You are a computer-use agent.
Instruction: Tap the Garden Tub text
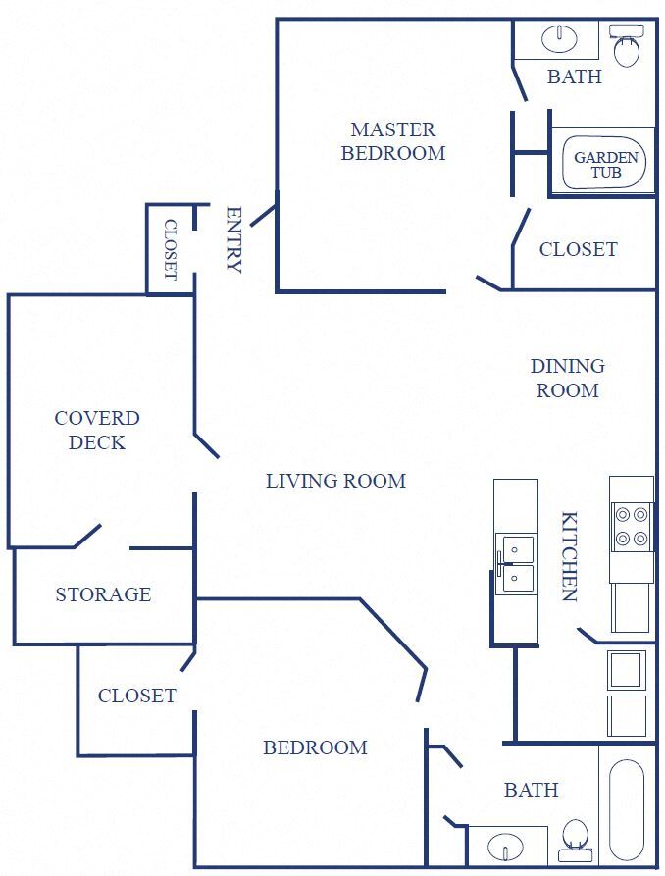coord(605,164)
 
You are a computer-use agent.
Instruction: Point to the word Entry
coord(233,239)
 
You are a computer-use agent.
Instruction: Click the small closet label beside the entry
coord(169,249)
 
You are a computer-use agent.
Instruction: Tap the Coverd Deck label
coord(97,430)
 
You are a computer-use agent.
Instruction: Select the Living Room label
coord(335,481)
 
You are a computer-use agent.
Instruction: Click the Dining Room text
coord(567,378)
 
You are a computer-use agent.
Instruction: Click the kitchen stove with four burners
coord(631,526)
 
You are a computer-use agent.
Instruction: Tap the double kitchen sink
coord(515,565)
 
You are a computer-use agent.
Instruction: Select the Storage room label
coord(103,594)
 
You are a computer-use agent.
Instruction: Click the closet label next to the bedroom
coord(136,696)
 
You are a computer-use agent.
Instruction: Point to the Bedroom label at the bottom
coord(315,747)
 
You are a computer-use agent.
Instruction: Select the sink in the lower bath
coord(506,845)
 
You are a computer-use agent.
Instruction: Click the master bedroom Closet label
coord(578,249)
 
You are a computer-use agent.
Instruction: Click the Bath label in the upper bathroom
coord(574,77)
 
